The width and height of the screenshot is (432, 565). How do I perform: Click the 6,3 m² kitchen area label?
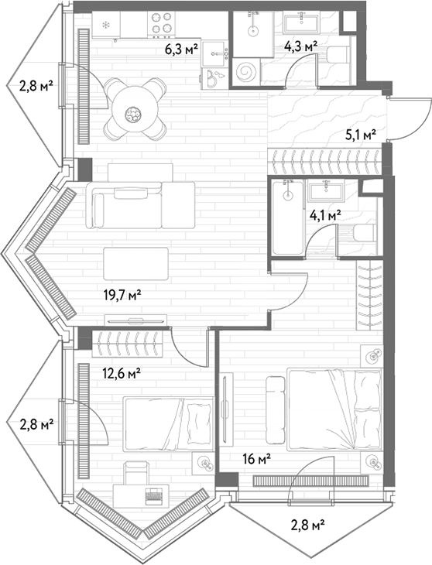point(182,49)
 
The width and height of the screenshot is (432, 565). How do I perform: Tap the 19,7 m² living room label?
point(122,296)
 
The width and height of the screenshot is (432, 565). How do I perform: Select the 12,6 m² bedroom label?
point(122,374)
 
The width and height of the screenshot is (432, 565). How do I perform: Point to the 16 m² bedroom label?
point(257,459)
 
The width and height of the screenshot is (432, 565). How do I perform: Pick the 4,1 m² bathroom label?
point(325,215)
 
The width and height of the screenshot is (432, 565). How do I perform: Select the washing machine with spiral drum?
point(246,73)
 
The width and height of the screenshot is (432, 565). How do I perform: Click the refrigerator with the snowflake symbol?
point(106,25)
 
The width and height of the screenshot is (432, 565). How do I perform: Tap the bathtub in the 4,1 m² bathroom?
point(288,217)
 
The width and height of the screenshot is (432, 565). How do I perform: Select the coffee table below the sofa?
point(135,263)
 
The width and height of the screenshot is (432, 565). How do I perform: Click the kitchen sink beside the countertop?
point(216,53)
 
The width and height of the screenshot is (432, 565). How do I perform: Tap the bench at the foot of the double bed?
point(275,409)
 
